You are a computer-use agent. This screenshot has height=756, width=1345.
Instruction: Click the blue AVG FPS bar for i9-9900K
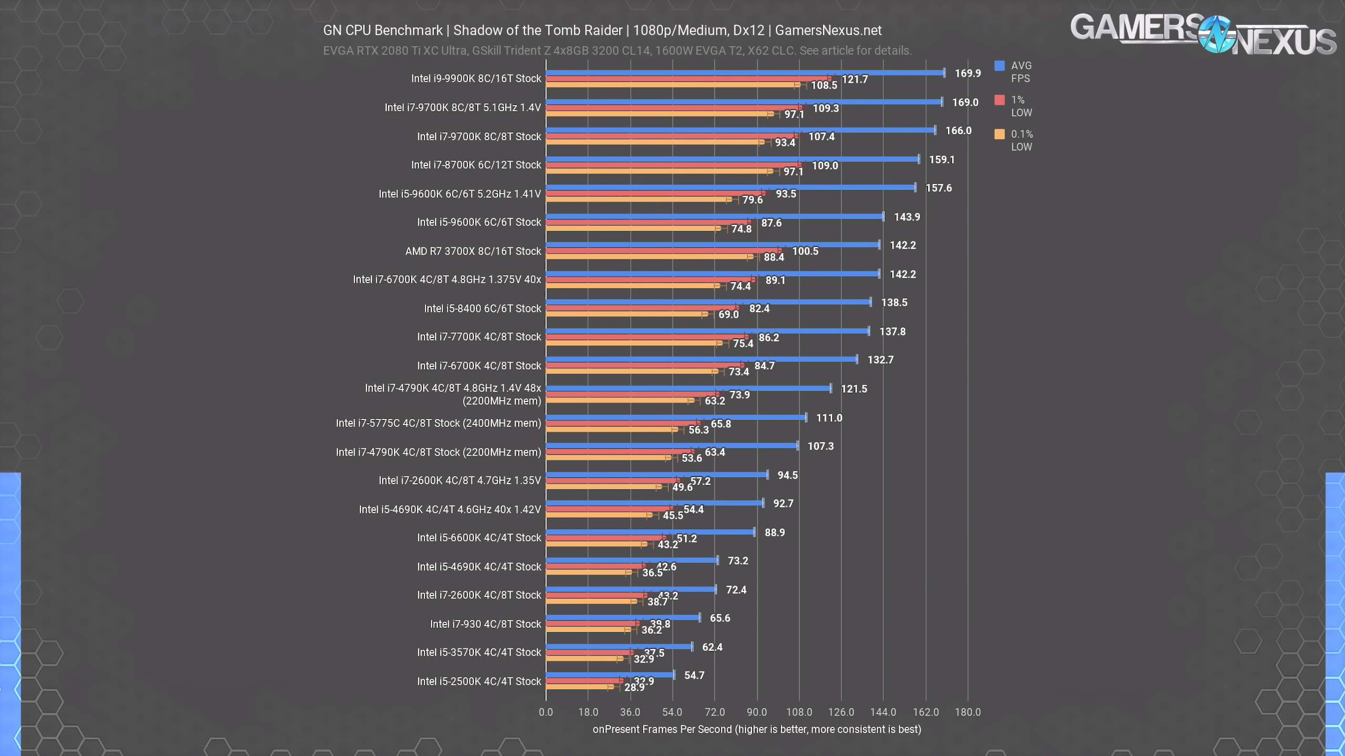click(x=745, y=73)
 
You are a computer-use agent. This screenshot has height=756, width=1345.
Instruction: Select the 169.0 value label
click(x=965, y=102)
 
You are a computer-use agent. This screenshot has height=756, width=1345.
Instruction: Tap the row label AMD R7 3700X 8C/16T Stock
click(x=473, y=251)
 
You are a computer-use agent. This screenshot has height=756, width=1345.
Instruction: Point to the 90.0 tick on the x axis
click(x=757, y=712)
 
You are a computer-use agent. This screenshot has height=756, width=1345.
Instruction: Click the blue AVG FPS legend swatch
click(x=999, y=66)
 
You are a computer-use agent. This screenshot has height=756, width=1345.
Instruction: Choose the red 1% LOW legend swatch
click(x=999, y=100)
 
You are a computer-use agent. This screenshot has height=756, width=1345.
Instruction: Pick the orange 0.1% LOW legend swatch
click(x=999, y=134)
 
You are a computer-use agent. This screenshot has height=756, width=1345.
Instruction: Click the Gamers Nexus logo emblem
click(x=1216, y=35)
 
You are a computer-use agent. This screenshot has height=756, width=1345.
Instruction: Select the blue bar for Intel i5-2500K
click(x=610, y=675)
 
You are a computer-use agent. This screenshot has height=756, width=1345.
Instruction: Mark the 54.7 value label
click(x=694, y=676)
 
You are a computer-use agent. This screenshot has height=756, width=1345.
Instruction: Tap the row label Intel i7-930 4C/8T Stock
click(x=485, y=624)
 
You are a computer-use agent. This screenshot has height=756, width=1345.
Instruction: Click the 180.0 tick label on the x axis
click(x=967, y=712)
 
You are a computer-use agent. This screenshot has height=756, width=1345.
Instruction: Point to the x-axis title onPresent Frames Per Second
click(x=757, y=730)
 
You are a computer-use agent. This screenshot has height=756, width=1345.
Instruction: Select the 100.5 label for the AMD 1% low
click(x=805, y=251)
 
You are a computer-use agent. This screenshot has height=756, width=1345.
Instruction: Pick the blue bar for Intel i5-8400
click(x=708, y=302)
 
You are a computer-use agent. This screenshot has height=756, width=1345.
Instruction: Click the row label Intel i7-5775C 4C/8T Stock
click(x=438, y=423)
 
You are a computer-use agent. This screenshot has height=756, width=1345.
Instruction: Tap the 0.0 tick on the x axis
click(x=546, y=712)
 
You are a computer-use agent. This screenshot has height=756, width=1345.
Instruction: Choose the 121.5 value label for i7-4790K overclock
click(x=854, y=389)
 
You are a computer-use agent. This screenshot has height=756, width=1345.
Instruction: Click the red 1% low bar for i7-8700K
click(x=672, y=165)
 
